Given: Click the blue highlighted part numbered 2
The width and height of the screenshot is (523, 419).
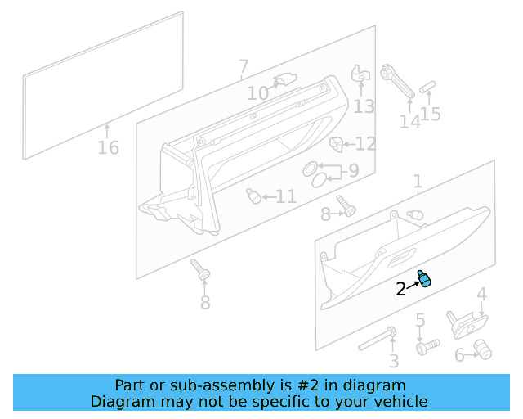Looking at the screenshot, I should point(424,279).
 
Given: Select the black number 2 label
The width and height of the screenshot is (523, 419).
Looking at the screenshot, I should point(400,289).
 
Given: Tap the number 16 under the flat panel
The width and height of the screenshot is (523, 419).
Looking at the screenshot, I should point(108,148).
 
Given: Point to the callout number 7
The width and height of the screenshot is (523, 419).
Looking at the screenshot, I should point(244,66).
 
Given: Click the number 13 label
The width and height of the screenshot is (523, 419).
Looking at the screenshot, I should point(364,106).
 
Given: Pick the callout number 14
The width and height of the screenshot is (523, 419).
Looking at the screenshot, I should point(409,122).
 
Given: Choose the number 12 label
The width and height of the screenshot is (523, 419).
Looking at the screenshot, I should point(365,145).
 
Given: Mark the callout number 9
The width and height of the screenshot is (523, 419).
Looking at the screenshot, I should point(353,172).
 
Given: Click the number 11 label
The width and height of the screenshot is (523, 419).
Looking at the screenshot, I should point(285,196).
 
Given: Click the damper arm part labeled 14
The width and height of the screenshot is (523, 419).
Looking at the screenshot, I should point(398,81).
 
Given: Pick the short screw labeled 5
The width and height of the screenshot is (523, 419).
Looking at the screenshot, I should point(427,348).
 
